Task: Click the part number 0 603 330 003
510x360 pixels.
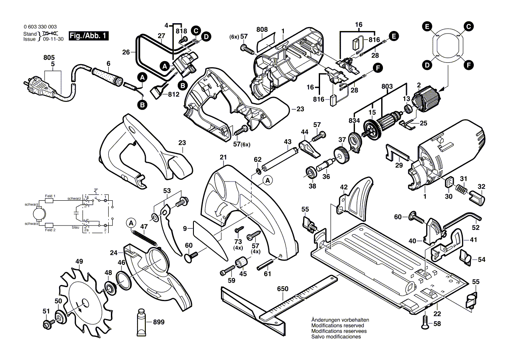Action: (x=40, y=27)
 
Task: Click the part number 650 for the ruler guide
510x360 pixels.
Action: (x=283, y=289)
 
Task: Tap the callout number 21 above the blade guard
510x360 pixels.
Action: (x=223, y=158)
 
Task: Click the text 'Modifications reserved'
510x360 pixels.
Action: (x=338, y=326)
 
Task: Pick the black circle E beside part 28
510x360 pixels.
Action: (x=393, y=37)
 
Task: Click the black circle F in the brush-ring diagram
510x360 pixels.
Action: (x=468, y=65)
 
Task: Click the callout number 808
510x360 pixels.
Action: (x=262, y=29)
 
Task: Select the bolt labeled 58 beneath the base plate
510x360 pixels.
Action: (x=425, y=323)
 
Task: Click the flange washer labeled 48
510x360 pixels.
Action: (x=109, y=287)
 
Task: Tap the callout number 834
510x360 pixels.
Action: (x=354, y=120)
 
